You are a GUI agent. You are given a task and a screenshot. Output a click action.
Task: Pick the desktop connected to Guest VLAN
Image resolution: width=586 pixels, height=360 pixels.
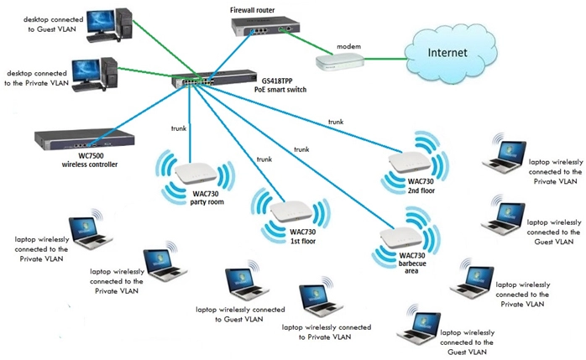pos(110,24)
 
